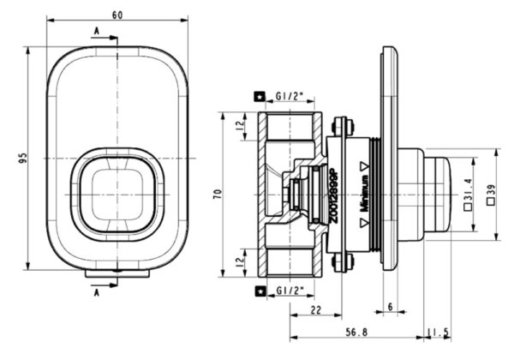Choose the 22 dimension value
click(x=316, y=309)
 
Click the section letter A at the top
click(x=93, y=30)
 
